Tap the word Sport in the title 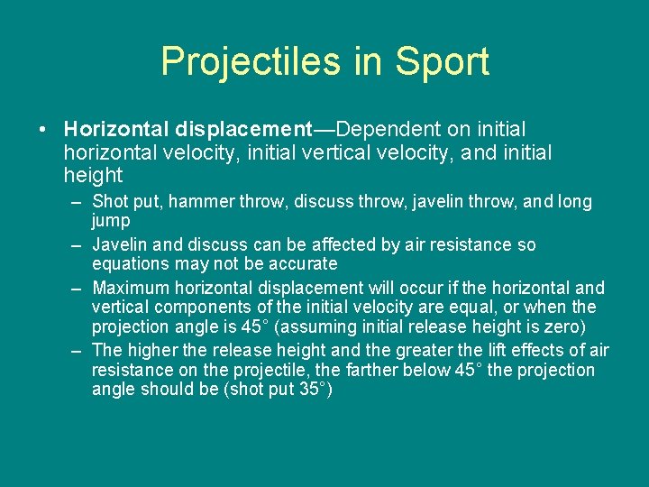[x=441, y=62]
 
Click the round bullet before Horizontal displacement [x=43, y=130]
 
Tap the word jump [x=111, y=220]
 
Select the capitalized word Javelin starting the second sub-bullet [x=121, y=244]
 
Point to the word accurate [x=301, y=263]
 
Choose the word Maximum [x=131, y=288]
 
